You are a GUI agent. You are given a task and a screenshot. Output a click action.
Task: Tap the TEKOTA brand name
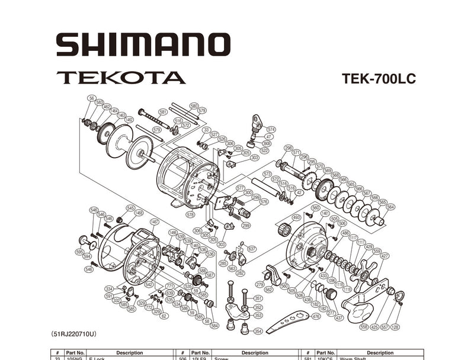coord(121,78)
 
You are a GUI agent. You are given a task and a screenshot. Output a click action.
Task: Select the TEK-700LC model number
coord(379,79)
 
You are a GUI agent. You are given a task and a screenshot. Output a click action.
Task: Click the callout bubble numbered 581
coord(163,111)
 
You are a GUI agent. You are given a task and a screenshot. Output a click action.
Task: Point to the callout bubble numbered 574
coord(271,129)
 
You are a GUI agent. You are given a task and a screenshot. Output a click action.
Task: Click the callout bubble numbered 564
coord(390,208)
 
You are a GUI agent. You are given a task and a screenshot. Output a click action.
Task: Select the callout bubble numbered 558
coord(363,327)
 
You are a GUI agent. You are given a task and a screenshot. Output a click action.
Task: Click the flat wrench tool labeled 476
coord(287,323)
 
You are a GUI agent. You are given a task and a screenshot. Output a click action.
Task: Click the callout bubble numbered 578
coord(190,214)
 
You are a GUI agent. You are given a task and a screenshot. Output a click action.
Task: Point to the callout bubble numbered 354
coord(258,331)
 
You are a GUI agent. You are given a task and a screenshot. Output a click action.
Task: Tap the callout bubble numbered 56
coord(91,98)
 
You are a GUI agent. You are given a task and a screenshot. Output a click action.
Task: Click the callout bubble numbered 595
coord(79,251)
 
